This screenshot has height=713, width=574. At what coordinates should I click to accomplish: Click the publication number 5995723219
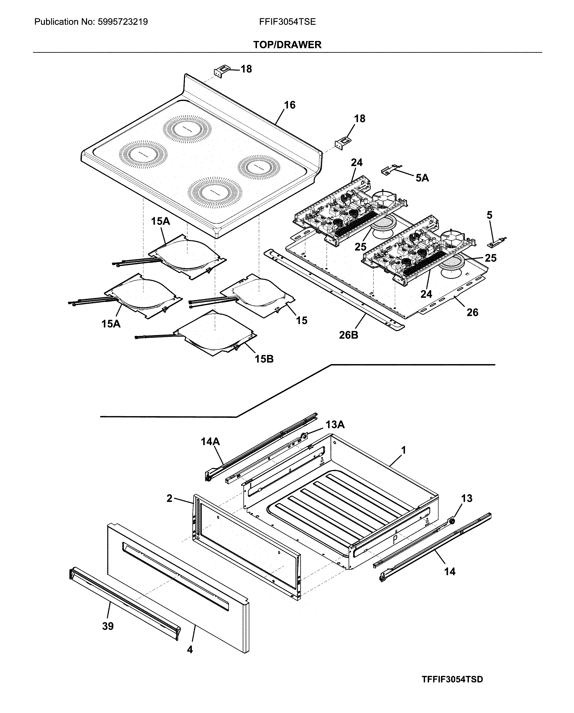122,22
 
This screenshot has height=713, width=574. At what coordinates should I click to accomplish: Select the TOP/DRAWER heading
287,45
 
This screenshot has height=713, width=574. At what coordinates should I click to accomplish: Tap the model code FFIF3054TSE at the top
287,22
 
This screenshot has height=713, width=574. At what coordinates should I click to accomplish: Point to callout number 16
290,105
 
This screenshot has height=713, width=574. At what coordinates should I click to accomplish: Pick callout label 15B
264,359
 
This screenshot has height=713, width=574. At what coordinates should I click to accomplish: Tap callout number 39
108,626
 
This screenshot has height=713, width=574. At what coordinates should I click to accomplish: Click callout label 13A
335,425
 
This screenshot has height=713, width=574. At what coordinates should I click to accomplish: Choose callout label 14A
210,441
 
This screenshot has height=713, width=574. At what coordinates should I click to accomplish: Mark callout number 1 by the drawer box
404,450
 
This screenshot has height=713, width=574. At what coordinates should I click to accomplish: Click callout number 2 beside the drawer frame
169,498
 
